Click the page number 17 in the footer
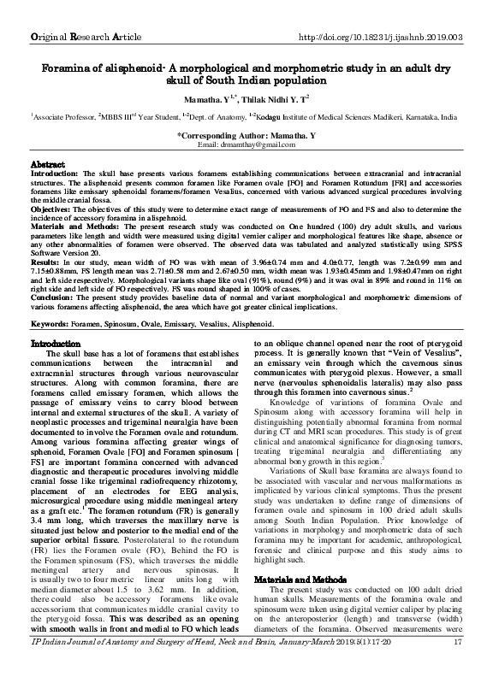point(458,666)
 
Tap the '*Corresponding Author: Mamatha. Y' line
point(246,135)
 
